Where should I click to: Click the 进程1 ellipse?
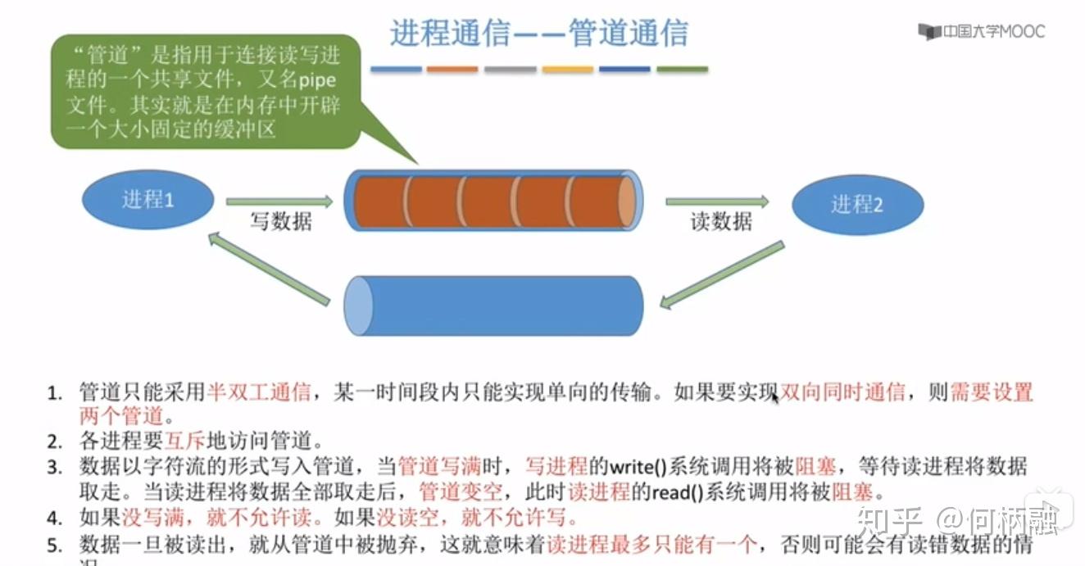(148, 199)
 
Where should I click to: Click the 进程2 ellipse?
(857, 204)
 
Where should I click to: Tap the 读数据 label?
(721, 222)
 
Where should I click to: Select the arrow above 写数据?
(279, 201)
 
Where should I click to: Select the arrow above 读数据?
(718, 201)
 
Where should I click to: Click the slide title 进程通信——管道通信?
(539, 34)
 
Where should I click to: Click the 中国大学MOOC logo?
(982, 32)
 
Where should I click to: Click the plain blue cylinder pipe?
(494, 305)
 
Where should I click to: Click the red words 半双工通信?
(258, 392)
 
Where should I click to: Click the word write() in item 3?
(637, 468)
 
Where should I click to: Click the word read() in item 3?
(678, 493)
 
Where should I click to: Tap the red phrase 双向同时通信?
(842, 392)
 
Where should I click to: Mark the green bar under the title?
(682, 70)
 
